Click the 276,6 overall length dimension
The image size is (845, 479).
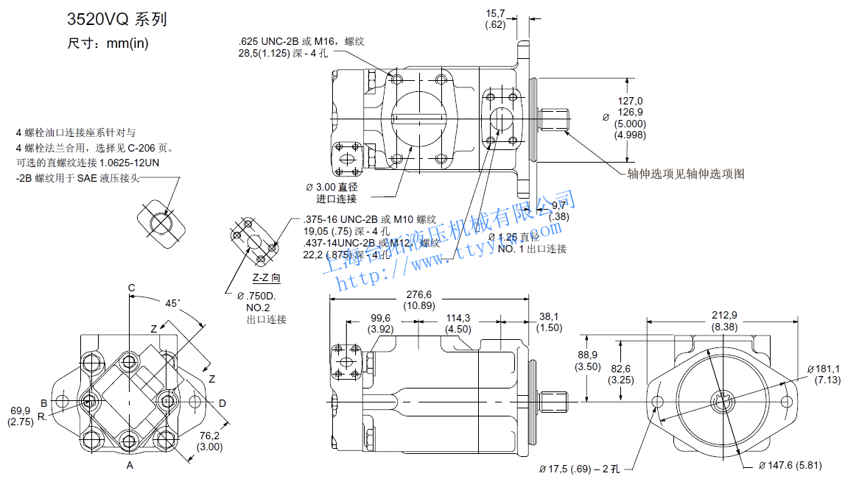[418, 294]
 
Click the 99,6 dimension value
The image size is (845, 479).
[381, 318]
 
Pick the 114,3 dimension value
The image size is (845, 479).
[457, 318]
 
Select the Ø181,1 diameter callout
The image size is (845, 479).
[824, 369]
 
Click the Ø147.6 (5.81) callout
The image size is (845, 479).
[797, 465]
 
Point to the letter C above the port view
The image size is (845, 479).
[131, 288]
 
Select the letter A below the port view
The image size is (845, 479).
[130, 466]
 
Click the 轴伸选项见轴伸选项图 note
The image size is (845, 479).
[685, 174]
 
